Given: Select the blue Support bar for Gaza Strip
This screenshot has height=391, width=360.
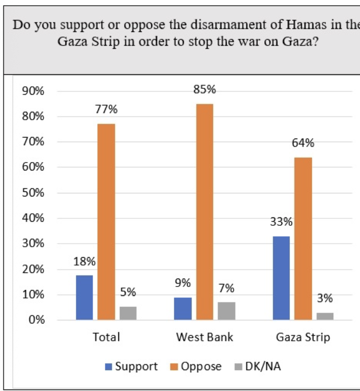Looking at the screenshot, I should click(281, 278).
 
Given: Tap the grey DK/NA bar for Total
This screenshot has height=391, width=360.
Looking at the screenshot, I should click(128, 313).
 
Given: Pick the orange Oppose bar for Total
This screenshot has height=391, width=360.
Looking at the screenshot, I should click(106, 222).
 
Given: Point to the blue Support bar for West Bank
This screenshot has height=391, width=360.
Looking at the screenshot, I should click(183, 308).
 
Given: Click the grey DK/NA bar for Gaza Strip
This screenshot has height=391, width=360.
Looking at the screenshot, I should click(325, 316).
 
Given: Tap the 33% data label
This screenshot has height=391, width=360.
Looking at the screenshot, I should click(281, 222).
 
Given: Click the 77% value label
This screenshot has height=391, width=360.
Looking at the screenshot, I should click(106, 109).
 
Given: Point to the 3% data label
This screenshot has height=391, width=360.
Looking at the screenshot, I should click(325, 298).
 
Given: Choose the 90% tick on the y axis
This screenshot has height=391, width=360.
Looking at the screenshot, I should click(33, 91).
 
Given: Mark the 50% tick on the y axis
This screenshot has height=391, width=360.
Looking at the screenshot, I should click(33, 193).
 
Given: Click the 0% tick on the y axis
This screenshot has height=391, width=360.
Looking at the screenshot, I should click(36, 320).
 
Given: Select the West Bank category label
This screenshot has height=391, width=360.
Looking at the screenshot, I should click(205, 337).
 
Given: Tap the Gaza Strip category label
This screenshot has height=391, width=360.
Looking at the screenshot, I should click(303, 337).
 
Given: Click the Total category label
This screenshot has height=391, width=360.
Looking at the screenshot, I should click(106, 337).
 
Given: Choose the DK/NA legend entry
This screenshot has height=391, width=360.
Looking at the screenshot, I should click(263, 366).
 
